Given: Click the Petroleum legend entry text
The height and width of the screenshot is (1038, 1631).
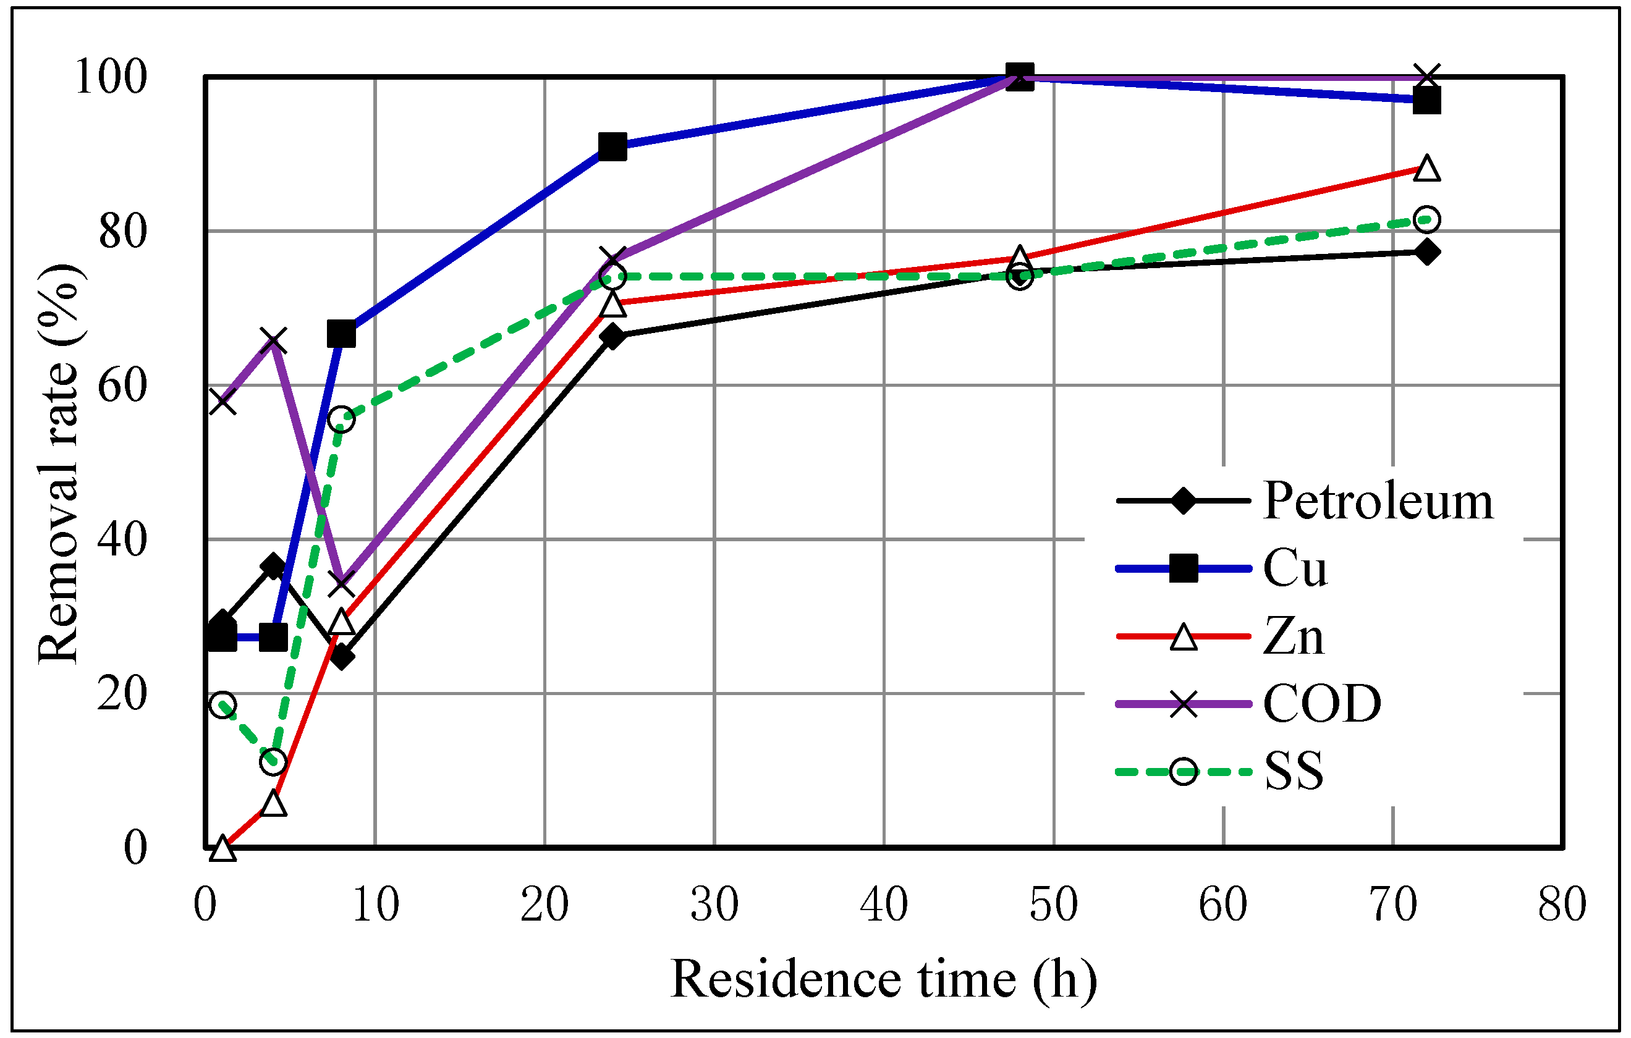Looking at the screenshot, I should pyautogui.click(x=1377, y=502).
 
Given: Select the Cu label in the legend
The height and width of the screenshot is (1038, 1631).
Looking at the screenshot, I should pyautogui.click(x=1294, y=568).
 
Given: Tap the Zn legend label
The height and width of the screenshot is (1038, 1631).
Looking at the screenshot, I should pyautogui.click(x=1293, y=636).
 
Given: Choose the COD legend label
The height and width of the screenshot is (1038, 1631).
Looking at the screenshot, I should pyautogui.click(x=1321, y=704).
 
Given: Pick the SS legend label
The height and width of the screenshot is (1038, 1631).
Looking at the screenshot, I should pyautogui.click(x=1294, y=771).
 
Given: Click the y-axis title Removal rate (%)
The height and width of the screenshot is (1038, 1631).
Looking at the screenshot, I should pyautogui.click(x=59, y=463).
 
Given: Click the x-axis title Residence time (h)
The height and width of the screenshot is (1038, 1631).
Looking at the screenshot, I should pyautogui.click(x=883, y=980).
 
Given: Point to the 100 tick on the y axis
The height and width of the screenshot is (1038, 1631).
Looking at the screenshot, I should pyautogui.click(x=111, y=77).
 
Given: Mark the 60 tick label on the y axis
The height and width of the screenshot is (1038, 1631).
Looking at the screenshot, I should pyautogui.click(x=122, y=386).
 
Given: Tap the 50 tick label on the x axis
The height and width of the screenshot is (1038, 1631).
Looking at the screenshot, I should pyautogui.click(x=1053, y=904).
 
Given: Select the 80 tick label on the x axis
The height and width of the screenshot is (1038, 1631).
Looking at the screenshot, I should pyautogui.click(x=1562, y=904).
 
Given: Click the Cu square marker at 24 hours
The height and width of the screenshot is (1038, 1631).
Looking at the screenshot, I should pyautogui.click(x=612, y=146).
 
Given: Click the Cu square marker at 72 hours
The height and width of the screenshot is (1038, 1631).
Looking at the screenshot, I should pyautogui.click(x=1426, y=101).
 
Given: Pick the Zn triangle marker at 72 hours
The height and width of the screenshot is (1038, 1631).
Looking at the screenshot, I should pyautogui.click(x=1427, y=168).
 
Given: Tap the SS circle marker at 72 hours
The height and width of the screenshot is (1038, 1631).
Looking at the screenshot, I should pyautogui.click(x=1427, y=219).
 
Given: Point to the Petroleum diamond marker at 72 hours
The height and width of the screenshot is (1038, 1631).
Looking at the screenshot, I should pyautogui.click(x=1427, y=253).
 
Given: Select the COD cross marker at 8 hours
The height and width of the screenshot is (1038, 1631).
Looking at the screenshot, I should pyautogui.click(x=341, y=583).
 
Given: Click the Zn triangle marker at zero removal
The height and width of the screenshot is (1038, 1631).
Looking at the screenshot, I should pyautogui.click(x=223, y=848).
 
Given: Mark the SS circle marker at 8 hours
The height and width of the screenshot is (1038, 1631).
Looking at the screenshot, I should pyautogui.click(x=341, y=419).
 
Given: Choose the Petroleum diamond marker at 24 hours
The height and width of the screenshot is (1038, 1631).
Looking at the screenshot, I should pyautogui.click(x=612, y=337).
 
